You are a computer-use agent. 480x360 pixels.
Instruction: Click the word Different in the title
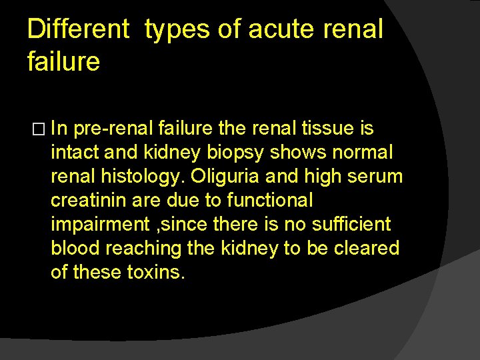pos(78,29)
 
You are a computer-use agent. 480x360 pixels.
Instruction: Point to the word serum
pos(378,177)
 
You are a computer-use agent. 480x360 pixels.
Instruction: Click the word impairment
pos(97,225)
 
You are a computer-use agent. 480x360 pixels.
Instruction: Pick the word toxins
pos(154,273)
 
